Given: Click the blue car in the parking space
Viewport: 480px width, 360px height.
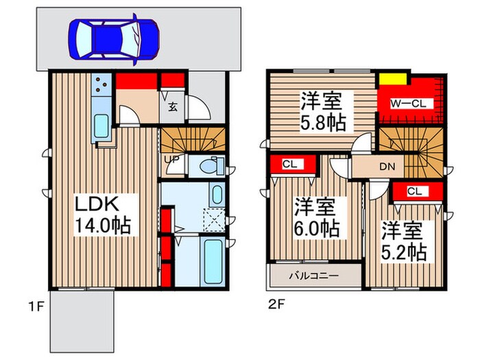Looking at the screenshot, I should click(x=114, y=38).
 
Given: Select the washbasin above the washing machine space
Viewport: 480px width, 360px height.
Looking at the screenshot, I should click(x=216, y=194).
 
